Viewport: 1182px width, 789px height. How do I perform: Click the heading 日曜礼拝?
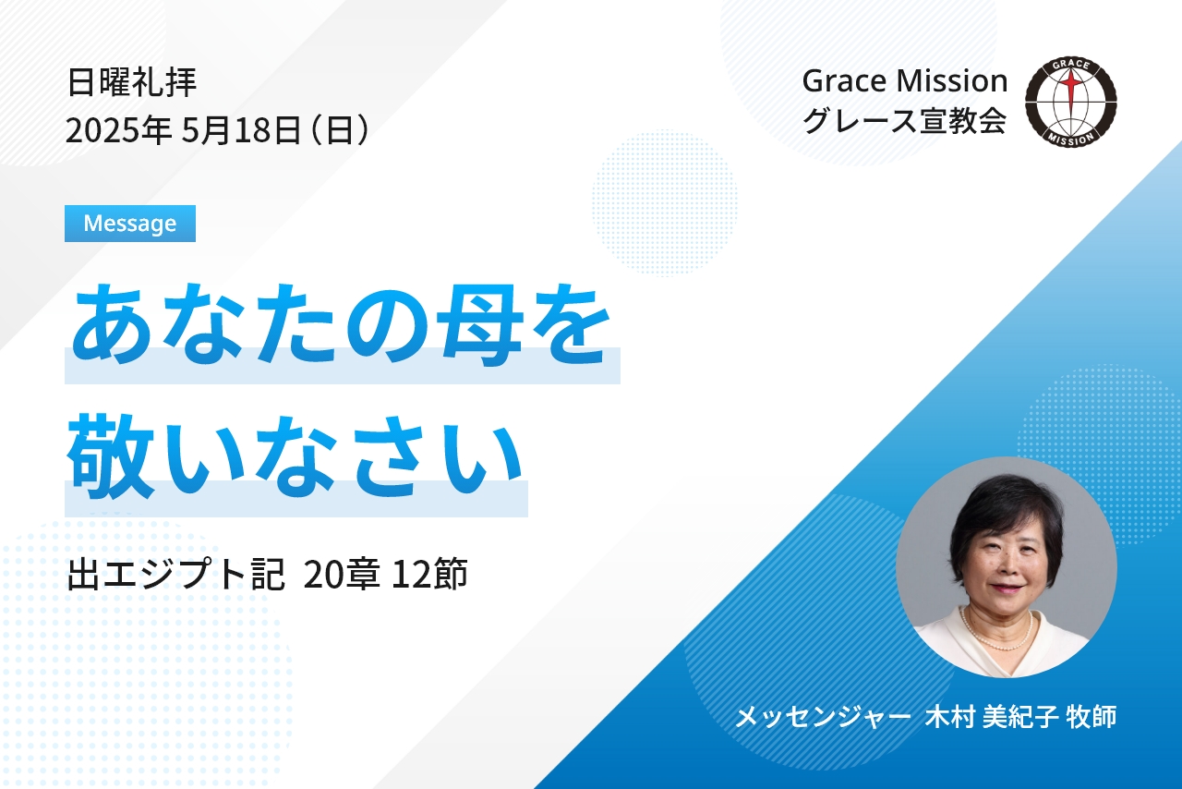click(132, 82)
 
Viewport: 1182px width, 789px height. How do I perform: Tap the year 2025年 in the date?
click(118, 130)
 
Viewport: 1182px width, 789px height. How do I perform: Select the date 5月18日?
click(241, 130)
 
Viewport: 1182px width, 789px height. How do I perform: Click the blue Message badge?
click(130, 224)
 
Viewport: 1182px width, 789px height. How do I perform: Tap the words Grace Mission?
click(905, 80)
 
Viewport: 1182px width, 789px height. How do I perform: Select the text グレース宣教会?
click(904, 120)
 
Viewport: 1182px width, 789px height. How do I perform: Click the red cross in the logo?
click(1070, 94)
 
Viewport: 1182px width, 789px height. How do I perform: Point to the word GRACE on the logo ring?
click(1071, 65)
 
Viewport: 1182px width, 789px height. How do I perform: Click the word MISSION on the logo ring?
click(1071, 139)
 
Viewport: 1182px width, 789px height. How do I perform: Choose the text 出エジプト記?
click(175, 574)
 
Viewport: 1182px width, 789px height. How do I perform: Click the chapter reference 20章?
click(342, 574)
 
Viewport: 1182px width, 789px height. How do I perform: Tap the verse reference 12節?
click(429, 574)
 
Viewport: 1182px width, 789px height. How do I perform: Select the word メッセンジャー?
click(823, 717)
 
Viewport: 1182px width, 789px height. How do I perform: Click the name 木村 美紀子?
click(992, 717)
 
